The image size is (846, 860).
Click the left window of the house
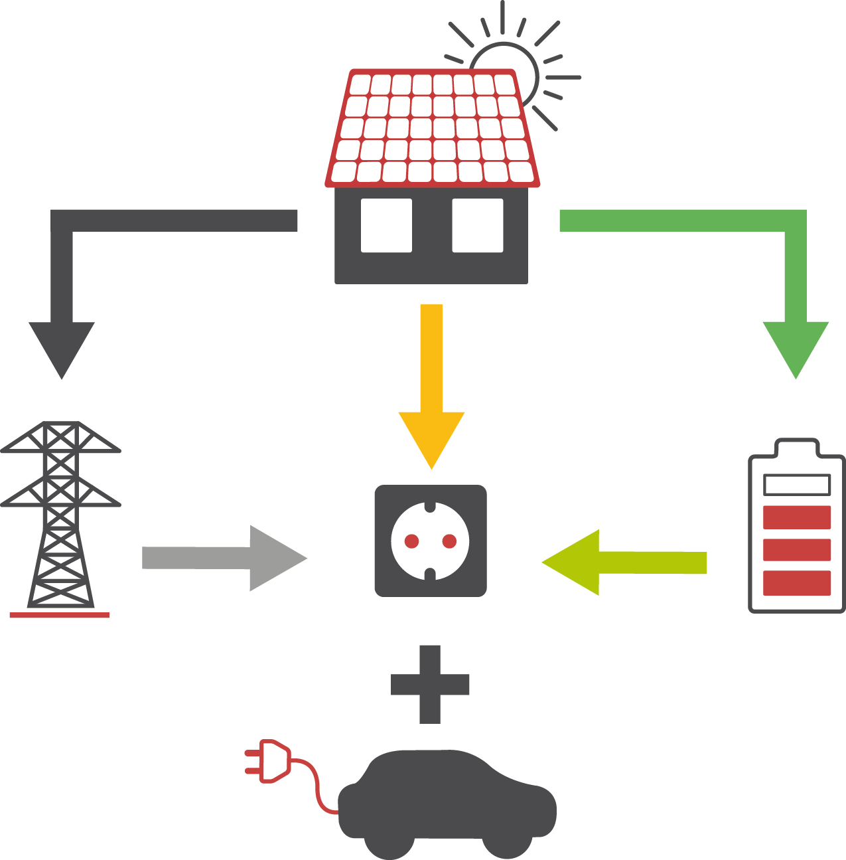[x=386, y=225]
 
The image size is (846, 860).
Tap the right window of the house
[x=477, y=225]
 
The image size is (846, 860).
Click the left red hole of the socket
[x=411, y=541]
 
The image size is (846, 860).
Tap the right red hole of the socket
[x=449, y=541]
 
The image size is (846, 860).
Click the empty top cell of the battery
[x=796, y=485]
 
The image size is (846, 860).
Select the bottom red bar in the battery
[x=796, y=582]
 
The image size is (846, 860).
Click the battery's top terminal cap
[x=796, y=447]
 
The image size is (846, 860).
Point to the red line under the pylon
[x=59, y=616]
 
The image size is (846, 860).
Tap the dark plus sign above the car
[x=430, y=684]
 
